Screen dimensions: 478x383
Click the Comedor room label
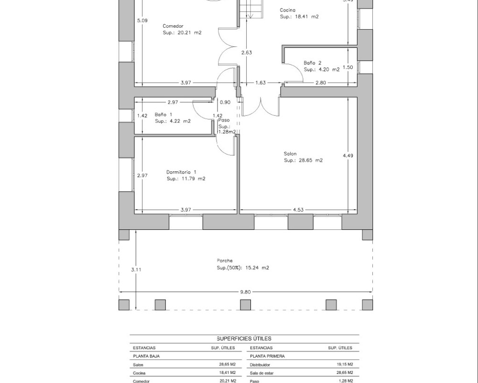(x=173, y=26)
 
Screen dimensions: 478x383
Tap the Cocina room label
(x=287, y=11)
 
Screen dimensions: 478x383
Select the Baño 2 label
(x=313, y=63)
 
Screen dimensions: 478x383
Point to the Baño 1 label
(x=163, y=114)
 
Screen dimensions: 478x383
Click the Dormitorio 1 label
(x=181, y=172)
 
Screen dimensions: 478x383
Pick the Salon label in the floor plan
(x=290, y=154)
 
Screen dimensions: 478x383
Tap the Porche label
(x=225, y=260)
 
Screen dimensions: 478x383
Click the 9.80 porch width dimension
(x=245, y=292)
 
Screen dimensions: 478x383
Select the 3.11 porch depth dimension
(x=136, y=270)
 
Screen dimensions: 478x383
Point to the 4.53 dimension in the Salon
(x=298, y=210)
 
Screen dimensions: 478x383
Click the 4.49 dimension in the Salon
(x=348, y=156)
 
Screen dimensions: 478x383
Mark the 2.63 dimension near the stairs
(x=247, y=53)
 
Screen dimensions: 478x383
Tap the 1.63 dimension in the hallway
(x=261, y=82)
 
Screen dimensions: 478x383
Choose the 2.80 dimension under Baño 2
(x=320, y=82)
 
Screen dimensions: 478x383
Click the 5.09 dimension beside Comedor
(x=142, y=21)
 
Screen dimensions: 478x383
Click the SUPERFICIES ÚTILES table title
(x=244, y=338)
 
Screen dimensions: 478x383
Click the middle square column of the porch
(x=245, y=305)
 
